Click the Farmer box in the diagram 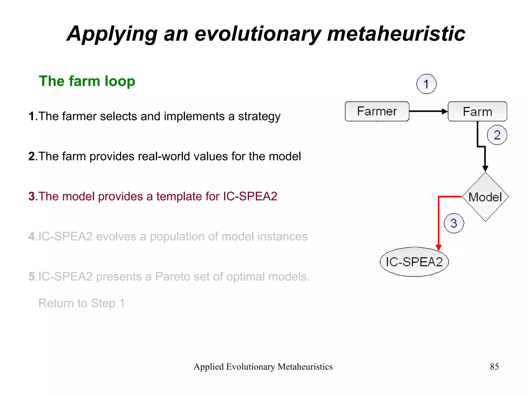(377, 111)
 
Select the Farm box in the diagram (477, 111)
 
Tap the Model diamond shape (485, 197)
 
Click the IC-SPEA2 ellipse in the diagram (414, 262)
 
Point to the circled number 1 (426, 84)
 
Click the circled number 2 (497, 135)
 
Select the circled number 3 (454, 223)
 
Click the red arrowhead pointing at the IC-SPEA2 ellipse (438, 247)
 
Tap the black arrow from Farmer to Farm (428, 111)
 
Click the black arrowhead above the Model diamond (485, 168)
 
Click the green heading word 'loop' (120, 81)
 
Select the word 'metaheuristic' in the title (396, 34)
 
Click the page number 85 (494, 367)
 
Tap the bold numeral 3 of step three (31, 196)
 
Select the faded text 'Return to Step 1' (81, 303)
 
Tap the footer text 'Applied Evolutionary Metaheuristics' (263, 367)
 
